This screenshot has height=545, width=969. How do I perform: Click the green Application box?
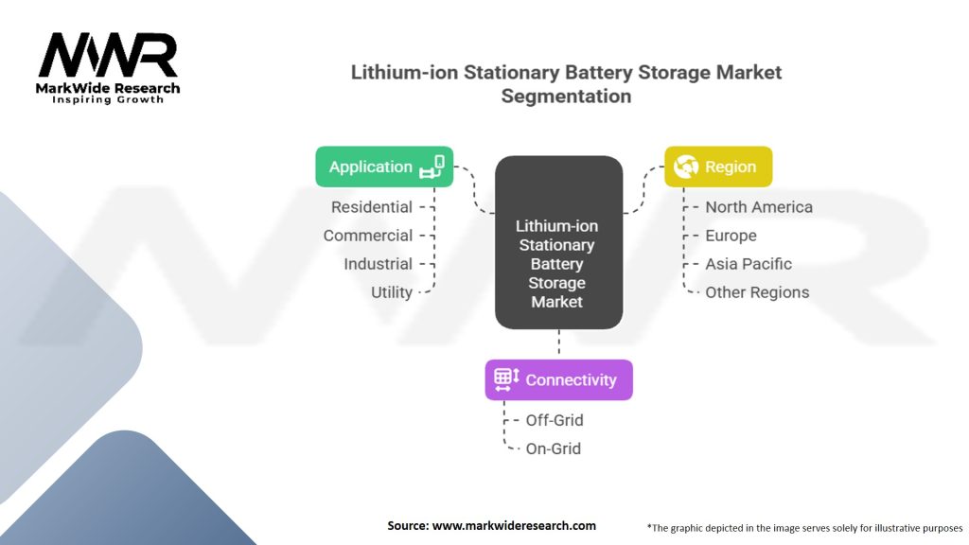[x=384, y=167]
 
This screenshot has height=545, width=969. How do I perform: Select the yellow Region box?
[x=718, y=167]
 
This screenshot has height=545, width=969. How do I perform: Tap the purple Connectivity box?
[x=558, y=380]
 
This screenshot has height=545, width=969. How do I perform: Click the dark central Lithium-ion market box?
[x=558, y=242]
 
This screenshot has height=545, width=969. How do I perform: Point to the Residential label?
[x=371, y=207]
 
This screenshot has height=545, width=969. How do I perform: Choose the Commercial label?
[x=368, y=236]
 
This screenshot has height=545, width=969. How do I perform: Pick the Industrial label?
[x=378, y=264]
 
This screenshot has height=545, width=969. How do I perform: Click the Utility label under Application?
[x=391, y=292]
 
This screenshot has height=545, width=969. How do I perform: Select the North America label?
[x=759, y=207]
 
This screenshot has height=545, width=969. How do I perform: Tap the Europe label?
[x=731, y=236]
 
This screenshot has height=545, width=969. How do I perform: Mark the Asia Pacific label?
[x=749, y=264]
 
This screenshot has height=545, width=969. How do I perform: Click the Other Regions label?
[x=757, y=292]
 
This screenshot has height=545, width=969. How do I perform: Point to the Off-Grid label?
[x=555, y=420]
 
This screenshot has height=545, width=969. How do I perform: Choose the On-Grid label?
[x=553, y=448]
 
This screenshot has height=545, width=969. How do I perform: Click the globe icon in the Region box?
[x=686, y=167]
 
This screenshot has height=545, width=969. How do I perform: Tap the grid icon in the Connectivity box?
[x=507, y=379]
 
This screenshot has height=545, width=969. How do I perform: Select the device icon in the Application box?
[x=432, y=167]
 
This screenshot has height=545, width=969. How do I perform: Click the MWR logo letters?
[x=108, y=55]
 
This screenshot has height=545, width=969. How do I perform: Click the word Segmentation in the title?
[x=566, y=97]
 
